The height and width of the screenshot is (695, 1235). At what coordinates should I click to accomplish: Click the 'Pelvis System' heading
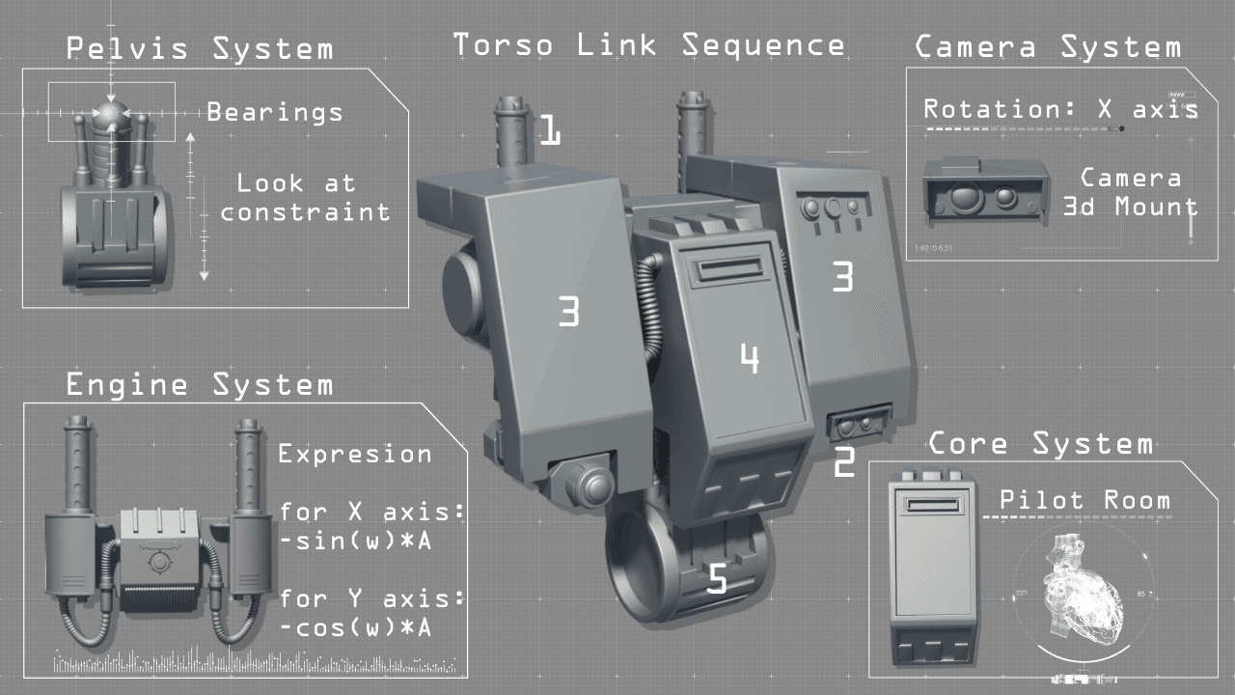200,48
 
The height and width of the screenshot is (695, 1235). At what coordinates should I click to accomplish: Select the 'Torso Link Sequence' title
649,44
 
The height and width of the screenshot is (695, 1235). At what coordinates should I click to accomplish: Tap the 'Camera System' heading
1047,47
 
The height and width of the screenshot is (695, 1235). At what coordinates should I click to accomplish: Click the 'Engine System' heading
200,385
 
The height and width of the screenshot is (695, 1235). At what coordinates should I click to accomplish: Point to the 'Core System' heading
1040,444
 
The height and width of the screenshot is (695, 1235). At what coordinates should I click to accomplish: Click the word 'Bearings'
275,113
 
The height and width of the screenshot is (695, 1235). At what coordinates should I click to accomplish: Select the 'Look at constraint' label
306,197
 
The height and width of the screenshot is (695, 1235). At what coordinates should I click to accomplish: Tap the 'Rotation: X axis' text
1060,109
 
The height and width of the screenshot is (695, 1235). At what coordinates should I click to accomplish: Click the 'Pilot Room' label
1084,500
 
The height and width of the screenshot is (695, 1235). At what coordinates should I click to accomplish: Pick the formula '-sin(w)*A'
355,542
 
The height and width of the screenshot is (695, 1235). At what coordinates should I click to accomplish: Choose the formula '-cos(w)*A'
355,628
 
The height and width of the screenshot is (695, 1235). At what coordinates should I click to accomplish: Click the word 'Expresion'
355,454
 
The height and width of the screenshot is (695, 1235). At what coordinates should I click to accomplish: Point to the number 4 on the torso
750,359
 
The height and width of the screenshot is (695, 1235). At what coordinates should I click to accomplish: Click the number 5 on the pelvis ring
717,579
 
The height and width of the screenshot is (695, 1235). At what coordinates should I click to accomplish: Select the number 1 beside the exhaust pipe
549,130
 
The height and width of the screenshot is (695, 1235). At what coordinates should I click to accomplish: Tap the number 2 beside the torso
843,462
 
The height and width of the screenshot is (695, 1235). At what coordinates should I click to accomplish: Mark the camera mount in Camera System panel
984,193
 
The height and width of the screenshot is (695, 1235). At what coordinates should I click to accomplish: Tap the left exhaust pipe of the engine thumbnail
78,468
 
